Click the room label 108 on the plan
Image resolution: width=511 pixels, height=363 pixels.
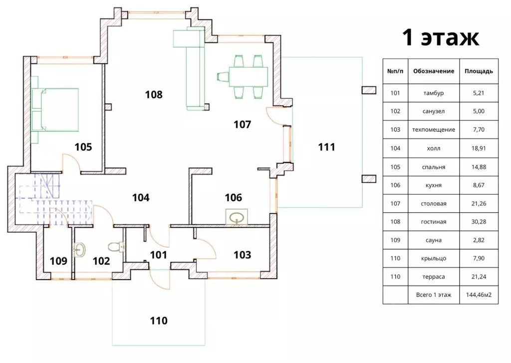pyautogui.click(x=154, y=94)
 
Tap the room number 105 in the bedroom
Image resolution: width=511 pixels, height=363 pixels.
pyautogui.click(x=83, y=147)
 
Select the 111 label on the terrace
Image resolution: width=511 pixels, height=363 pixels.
pyautogui.click(x=326, y=147)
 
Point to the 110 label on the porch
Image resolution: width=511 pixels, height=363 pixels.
pyautogui.click(x=159, y=321)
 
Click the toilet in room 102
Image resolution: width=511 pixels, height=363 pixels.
pyautogui.click(x=116, y=247)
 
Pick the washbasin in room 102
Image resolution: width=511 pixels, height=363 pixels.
pyautogui.click(x=79, y=250)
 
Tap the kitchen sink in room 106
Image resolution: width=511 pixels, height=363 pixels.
pyautogui.click(x=237, y=217)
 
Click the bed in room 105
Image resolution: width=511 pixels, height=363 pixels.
pyautogui.click(x=56, y=109)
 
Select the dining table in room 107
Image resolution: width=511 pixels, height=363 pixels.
pyautogui.click(x=248, y=76)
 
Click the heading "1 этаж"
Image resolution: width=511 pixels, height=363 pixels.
pyautogui.click(x=440, y=37)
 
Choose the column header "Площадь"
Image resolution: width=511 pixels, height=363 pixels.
pyautogui.click(x=479, y=71)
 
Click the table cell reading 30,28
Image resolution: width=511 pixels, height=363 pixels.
pyautogui.click(x=479, y=222)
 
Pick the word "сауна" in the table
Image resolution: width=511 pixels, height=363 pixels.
pyautogui.click(x=434, y=240)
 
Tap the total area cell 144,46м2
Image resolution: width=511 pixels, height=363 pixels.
pyautogui.click(x=479, y=295)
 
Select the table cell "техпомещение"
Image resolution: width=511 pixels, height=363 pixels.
pyautogui.click(x=434, y=130)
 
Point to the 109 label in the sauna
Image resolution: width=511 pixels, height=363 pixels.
pyautogui.click(x=58, y=261)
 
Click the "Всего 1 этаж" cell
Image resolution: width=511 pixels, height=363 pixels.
pyautogui.click(x=434, y=295)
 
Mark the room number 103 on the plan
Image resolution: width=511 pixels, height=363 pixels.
pyautogui.click(x=242, y=255)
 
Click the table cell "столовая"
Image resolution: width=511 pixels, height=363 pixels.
pyautogui.click(x=434, y=204)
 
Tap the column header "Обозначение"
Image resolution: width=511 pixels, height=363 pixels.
pyautogui.click(x=434, y=71)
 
